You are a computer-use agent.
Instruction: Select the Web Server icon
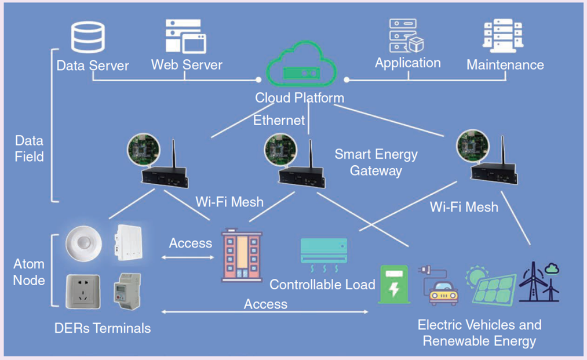click(185, 37)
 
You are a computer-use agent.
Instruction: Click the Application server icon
click(406, 36)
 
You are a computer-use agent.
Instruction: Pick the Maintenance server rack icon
click(503, 37)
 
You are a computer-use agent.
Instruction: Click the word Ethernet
click(279, 120)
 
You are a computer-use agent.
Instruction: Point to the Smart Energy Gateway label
click(376, 162)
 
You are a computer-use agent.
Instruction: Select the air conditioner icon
click(324, 253)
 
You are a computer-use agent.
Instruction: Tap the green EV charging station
click(395, 284)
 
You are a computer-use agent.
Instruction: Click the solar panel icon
click(493, 286)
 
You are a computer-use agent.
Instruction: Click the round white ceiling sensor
click(84, 243)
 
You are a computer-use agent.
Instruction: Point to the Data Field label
click(29, 148)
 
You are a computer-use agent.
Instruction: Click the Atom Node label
click(29, 272)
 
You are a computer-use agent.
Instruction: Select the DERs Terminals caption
click(103, 328)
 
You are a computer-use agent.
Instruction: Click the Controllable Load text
click(322, 285)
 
